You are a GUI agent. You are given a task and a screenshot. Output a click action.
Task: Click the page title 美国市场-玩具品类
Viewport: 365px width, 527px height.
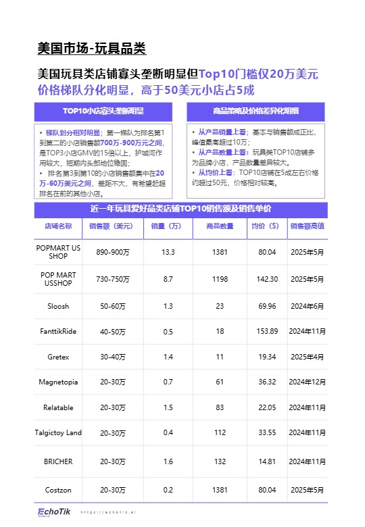coord(92,49)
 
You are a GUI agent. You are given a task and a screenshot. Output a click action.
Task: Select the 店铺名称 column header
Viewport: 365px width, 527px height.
coord(58,226)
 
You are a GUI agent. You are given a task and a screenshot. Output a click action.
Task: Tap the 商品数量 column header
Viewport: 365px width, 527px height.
coord(219,226)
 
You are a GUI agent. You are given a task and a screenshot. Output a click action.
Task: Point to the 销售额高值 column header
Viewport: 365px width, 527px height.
coord(307,226)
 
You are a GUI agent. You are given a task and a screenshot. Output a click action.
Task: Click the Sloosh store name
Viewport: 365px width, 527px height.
coord(58,306)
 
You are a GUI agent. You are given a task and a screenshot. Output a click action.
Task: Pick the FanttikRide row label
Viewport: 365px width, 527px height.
coord(58,331)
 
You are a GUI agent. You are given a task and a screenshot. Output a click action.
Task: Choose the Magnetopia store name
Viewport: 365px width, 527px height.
coord(58,382)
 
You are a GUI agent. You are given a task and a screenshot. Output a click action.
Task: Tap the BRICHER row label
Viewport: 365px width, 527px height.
coord(58,461)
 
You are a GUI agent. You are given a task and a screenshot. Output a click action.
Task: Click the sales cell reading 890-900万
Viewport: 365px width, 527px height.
coord(112,252)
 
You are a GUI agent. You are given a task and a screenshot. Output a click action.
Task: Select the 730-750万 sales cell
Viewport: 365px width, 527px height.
coord(112,279)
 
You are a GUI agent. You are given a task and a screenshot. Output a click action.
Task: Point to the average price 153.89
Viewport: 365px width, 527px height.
coord(268,331)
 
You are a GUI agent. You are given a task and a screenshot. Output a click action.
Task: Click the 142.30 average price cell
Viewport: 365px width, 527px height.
coord(268,279)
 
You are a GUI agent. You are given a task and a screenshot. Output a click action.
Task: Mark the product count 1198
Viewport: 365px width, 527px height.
coord(220,279)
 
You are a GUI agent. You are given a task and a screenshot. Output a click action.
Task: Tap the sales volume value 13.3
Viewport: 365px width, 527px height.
coord(168,252)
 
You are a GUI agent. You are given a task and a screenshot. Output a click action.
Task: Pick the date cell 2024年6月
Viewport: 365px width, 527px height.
coord(307,306)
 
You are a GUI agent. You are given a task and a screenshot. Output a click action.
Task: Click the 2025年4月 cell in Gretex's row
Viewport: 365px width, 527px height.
coord(307,356)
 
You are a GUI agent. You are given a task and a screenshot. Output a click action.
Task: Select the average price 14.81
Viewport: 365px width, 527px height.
coord(268,461)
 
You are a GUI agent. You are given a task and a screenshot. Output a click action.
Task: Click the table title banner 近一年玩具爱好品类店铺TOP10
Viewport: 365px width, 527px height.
coord(181,209)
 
